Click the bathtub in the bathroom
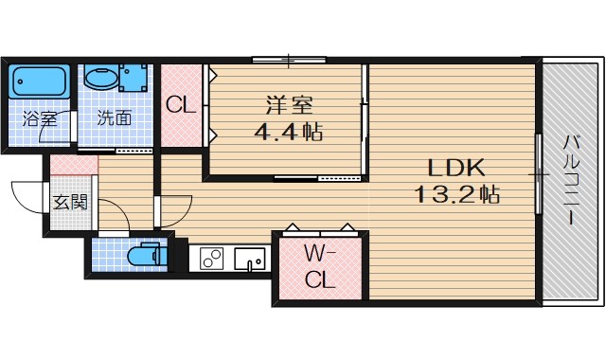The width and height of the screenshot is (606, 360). [x=39, y=82]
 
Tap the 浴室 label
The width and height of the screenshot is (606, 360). [x=39, y=119]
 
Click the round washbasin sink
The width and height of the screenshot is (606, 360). [x=98, y=78]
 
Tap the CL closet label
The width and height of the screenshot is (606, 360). [x=181, y=105]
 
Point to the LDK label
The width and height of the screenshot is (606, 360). [x=456, y=169]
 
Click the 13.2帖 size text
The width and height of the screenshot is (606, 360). [x=456, y=196]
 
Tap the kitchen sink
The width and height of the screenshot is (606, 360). [x=249, y=257]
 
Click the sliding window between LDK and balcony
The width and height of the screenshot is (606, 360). [x=539, y=175]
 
